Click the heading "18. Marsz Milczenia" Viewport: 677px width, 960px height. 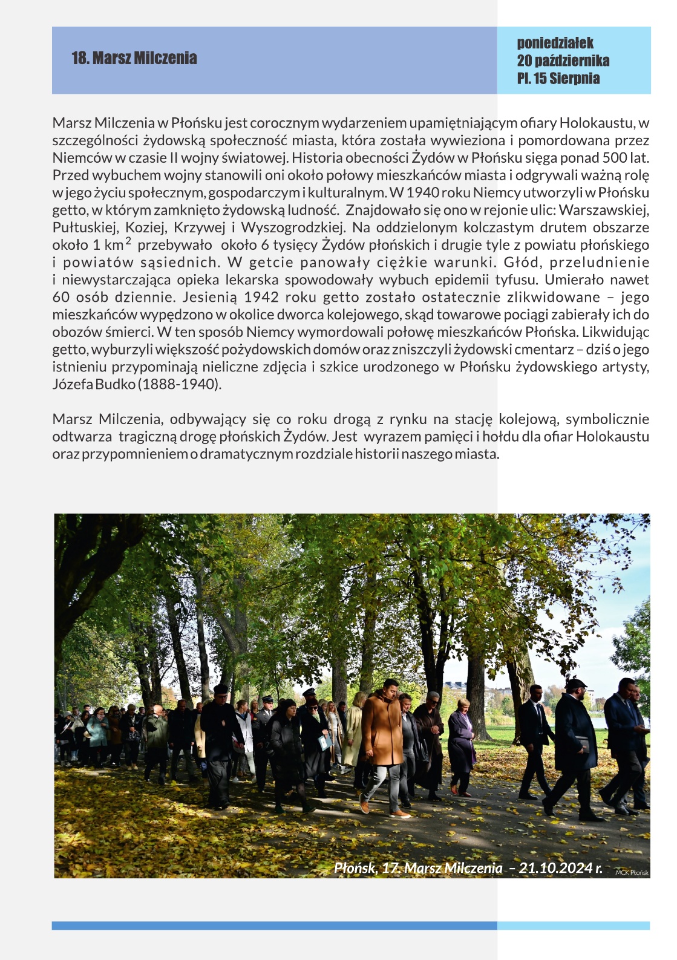[134, 58]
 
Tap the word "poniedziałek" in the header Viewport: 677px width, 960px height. [555, 43]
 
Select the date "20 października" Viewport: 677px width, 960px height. [563, 60]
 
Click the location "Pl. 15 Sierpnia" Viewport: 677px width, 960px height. [558, 78]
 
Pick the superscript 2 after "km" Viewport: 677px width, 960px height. [128, 241]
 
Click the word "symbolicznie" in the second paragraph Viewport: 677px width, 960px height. [607, 419]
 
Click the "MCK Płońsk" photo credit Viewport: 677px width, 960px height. [632, 872]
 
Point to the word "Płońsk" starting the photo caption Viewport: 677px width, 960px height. [355, 868]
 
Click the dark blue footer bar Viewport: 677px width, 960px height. [274, 926]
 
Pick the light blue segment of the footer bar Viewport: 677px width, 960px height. [573, 926]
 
